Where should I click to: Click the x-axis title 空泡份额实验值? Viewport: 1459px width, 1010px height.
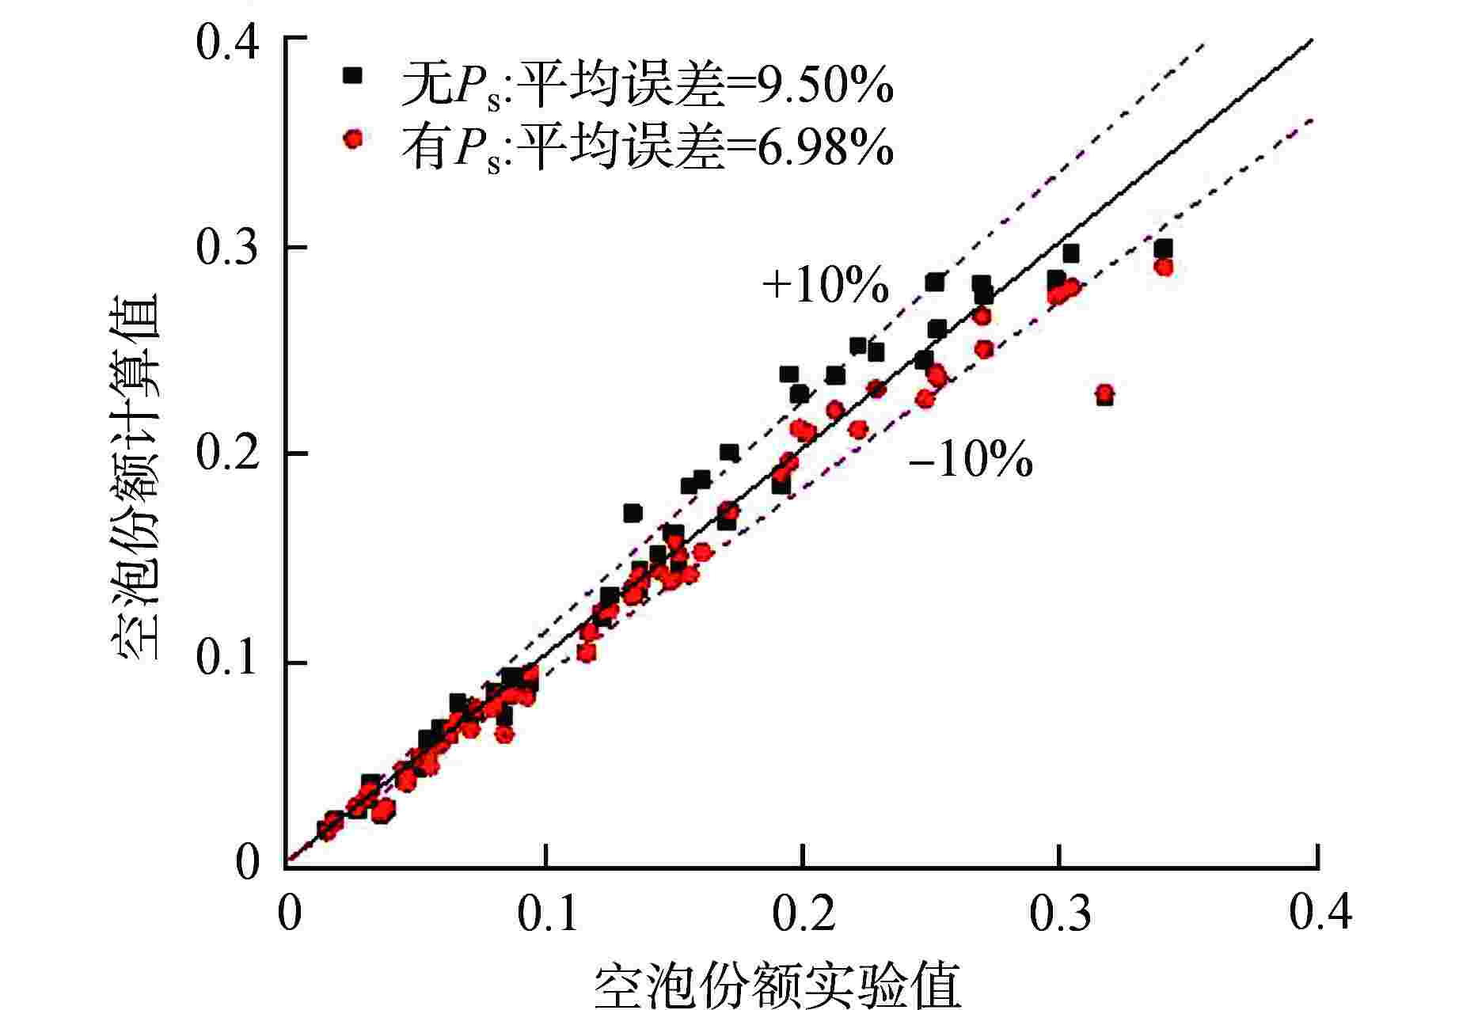pyautogui.click(x=777, y=985)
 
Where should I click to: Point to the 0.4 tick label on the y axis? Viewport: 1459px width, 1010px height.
pyautogui.click(x=228, y=44)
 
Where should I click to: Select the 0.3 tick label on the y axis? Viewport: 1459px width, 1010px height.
pyautogui.click(x=228, y=249)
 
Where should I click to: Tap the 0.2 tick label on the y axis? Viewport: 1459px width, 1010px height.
pyautogui.click(x=228, y=454)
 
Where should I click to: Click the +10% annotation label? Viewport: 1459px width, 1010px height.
pyautogui.click(x=825, y=286)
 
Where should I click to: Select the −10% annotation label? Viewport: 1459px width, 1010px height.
pyautogui.click(x=971, y=459)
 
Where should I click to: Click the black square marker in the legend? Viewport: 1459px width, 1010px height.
pyautogui.click(x=351, y=76)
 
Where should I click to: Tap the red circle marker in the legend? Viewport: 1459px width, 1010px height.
pyautogui.click(x=352, y=139)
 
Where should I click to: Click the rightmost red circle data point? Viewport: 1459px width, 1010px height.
pyautogui.click(x=1163, y=267)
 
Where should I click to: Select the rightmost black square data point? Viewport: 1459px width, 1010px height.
pyautogui.click(x=1163, y=249)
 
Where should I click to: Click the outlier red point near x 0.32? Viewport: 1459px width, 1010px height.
pyautogui.click(x=1104, y=393)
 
